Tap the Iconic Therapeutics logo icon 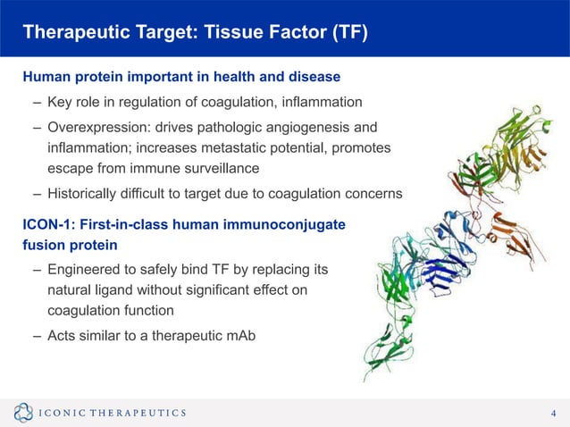23,412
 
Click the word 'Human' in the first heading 46,77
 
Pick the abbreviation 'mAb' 236,336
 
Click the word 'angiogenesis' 308,125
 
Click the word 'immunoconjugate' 293,223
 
